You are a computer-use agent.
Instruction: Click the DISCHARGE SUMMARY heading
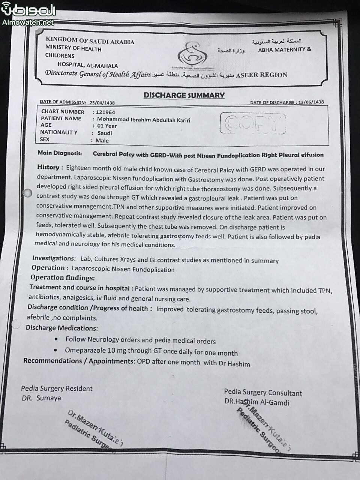[x=184, y=95]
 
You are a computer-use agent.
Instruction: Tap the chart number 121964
[x=105, y=112]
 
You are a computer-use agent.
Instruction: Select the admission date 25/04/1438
[x=102, y=102]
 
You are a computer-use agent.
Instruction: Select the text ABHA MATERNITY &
[x=285, y=49]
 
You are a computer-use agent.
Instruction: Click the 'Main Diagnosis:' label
[x=60, y=153]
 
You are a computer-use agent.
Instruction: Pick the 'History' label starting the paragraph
[x=48, y=167]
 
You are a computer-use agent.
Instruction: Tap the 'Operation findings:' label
[x=63, y=278]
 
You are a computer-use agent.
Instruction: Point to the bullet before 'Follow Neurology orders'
[x=56, y=339]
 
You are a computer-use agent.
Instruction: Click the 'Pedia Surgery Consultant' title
[x=263, y=393]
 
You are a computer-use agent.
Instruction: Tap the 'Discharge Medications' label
[x=61, y=328]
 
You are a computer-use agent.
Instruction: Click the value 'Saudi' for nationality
[x=105, y=133]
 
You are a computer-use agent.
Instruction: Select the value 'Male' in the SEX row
[x=102, y=141]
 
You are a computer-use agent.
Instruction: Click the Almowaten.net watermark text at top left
[x=28, y=22]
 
